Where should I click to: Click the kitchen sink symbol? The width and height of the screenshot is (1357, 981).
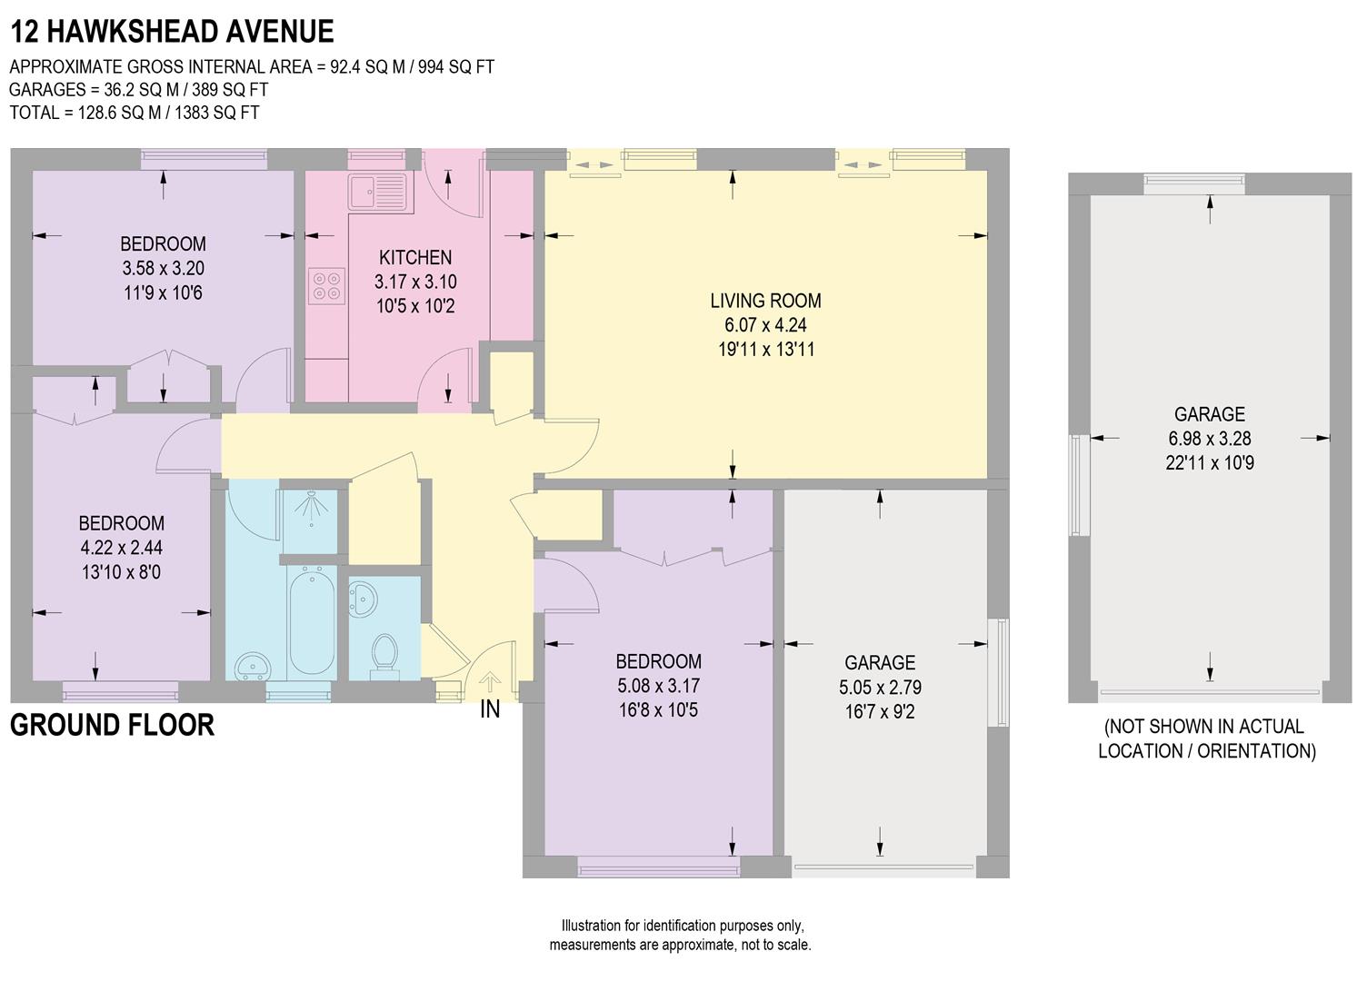click(379, 192)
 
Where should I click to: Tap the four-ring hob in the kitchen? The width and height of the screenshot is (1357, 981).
click(326, 285)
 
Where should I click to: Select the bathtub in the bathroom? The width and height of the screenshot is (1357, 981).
click(311, 621)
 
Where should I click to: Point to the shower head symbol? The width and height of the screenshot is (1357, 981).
click(311, 507)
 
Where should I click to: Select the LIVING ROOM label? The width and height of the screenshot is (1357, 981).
click(765, 301)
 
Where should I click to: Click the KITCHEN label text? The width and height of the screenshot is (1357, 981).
click(415, 258)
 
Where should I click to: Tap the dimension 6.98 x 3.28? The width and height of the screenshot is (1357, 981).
click(1209, 439)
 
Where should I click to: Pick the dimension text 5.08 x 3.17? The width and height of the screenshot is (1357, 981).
click(658, 686)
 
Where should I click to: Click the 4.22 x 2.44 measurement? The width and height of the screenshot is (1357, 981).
click(121, 548)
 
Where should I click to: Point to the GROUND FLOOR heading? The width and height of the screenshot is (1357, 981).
click(112, 726)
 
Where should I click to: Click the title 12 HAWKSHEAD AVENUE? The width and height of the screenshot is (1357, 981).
click(172, 32)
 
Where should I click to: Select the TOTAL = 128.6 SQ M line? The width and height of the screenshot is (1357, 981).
click(135, 113)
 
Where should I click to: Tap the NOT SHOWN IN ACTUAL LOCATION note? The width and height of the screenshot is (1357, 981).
click(1206, 738)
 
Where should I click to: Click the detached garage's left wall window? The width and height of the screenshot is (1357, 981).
click(1078, 485)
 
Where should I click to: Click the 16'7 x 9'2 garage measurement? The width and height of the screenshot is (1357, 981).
click(879, 711)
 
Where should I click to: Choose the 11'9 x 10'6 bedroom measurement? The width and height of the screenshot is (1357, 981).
click(163, 292)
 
